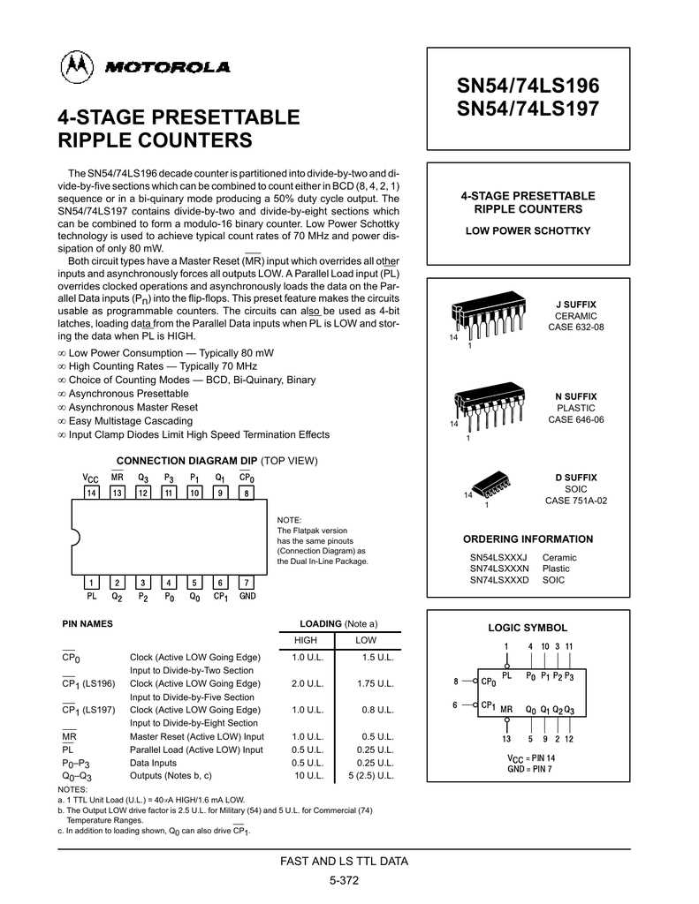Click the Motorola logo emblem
76,67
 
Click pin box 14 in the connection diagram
92,493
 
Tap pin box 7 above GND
247,583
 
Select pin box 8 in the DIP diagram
247,493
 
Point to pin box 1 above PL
92,583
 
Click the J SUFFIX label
576,304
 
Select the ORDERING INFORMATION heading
528,539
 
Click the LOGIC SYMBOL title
528,628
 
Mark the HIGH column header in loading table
305,640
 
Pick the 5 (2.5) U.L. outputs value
371,776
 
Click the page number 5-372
344,880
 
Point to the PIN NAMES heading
87,623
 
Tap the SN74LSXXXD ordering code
499,580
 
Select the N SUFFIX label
576,396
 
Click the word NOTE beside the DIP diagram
290,520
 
